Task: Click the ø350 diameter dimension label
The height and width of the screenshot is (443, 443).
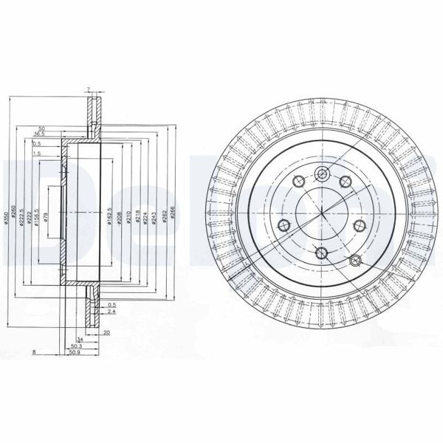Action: [7, 210]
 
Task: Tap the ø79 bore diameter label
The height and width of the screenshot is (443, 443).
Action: [46, 217]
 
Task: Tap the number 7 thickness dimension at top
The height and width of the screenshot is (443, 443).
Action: [88, 90]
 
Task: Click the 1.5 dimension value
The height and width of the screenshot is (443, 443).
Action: [36, 154]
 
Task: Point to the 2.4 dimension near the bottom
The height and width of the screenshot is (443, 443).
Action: [111, 312]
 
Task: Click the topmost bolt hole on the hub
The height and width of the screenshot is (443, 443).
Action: [322, 174]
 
